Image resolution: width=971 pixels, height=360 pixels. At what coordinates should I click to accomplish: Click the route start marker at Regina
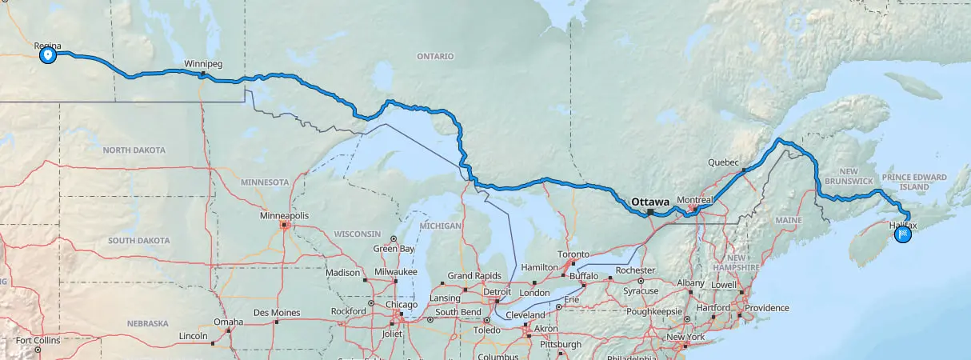[x=48, y=55]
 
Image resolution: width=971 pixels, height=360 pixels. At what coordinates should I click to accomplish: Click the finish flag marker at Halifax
[x=903, y=234]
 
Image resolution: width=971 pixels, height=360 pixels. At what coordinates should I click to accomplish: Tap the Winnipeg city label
[x=202, y=63]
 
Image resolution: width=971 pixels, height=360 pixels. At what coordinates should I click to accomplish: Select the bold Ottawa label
[x=650, y=202]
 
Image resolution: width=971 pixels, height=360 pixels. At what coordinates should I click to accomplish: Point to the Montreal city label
[x=694, y=199]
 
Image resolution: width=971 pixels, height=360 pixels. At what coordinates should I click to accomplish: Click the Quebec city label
[x=723, y=162]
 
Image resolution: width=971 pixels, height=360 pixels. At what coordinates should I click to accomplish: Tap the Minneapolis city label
[x=284, y=216]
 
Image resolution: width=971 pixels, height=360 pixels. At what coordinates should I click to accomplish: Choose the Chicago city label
[x=402, y=305]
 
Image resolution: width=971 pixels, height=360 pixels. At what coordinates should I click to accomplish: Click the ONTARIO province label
[x=435, y=57]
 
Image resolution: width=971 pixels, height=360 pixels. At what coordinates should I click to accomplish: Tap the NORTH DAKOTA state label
[x=134, y=150]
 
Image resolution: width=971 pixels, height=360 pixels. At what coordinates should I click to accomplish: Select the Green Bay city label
[x=395, y=249]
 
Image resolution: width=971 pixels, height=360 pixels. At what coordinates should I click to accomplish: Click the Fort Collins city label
[x=38, y=340]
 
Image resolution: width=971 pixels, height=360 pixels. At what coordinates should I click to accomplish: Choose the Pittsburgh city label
[x=560, y=344]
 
